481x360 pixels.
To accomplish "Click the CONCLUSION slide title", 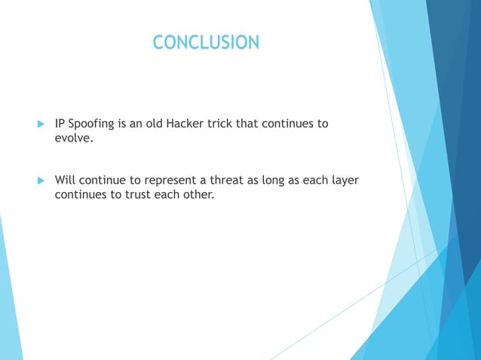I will (x=205, y=43).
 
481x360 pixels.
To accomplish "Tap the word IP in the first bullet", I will (x=60, y=124).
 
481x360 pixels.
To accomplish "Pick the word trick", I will (x=232, y=124).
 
